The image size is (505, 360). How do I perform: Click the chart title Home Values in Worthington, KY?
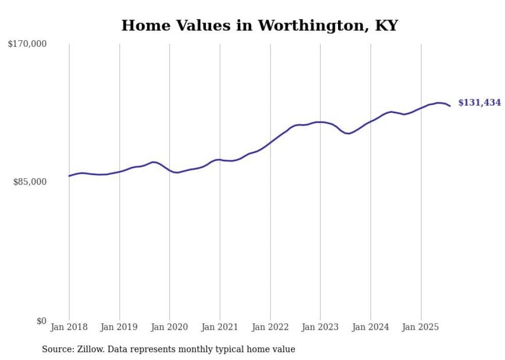tap(259, 25)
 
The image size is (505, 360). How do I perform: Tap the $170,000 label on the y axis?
tap(27, 44)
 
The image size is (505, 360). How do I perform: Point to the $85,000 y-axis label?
tap(30, 182)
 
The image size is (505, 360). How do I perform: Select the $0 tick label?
tap(41, 321)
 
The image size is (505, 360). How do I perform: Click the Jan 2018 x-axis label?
tap(69, 327)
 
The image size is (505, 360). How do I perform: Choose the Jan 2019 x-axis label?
tap(120, 327)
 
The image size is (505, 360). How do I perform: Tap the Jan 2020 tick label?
tap(170, 327)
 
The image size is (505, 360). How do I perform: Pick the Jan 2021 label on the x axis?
tap(220, 327)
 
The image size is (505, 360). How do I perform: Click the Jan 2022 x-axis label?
tap(270, 327)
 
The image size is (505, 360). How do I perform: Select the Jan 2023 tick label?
tap(321, 327)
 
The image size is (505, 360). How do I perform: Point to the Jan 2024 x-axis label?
tap(371, 327)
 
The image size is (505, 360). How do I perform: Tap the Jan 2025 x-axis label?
tap(421, 327)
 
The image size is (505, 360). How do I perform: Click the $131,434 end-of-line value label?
tap(479, 103)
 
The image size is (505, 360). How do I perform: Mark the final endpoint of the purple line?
tap(450, 106)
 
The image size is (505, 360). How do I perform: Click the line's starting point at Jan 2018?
tap(69, 176)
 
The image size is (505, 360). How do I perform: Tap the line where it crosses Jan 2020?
tap(170, 170)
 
